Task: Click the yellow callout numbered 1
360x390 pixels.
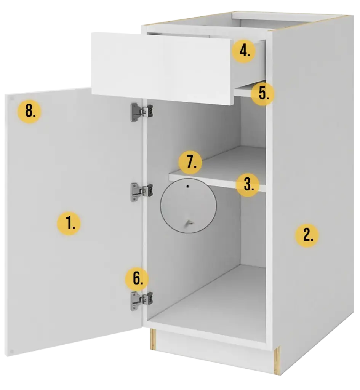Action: pyautogui.click(x=69, y=223)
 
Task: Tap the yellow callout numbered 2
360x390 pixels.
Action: pyautogui.click(x=307, y=235)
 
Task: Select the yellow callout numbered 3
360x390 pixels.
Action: pyautogui.click(x=248, y=184)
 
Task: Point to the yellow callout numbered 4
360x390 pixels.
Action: pyautogui.click(x=244, y=51)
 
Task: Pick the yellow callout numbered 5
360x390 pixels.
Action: pyautogui.click(x=263, y=94)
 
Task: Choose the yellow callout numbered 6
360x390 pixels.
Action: pyautogui.click(x=137, y=278)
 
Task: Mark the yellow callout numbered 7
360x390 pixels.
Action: pyautogui.click(x=190, y=162)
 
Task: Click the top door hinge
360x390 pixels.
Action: pyautogui.click(x=141, y=112)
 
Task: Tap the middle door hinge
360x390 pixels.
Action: pyautogui.click(x=141, y=192)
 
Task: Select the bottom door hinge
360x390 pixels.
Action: pyautogui.click(x=141, y=301)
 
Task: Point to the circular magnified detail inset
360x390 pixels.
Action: pyautogui.click(x=188, y=206)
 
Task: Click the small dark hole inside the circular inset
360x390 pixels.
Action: pyautogui.click(x=188, y=186)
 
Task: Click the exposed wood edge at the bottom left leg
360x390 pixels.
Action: pyautogui.click(x=153, y=339)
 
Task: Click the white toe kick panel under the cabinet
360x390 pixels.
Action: pyautogui.click(x=214, y=348)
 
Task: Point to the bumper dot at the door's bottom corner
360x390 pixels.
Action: pyautogui.click(x=11, y=352)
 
